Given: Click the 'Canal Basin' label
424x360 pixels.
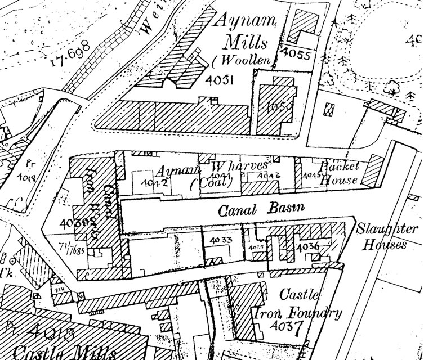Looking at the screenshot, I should (x=260, y=209).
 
